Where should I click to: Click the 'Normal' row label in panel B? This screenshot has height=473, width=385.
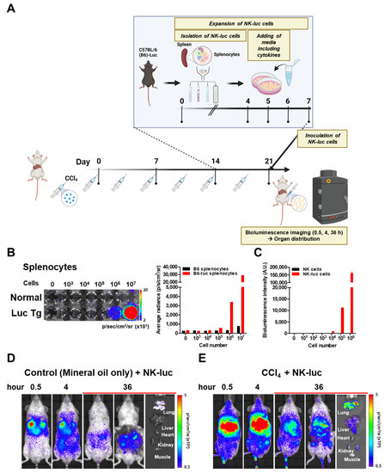click(24, 293)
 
